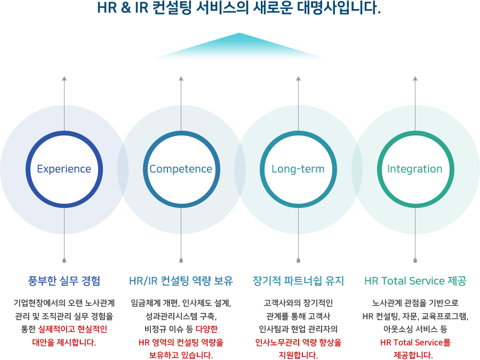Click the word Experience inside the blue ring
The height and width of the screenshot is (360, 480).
(x=64, y=169)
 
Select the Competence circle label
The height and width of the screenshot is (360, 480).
(x=181, y=169)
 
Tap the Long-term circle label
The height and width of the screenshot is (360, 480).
(x=298, y=169)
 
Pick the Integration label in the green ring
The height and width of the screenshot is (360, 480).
(x=415, y=169)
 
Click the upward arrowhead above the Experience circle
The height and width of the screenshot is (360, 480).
(x=64, y=78)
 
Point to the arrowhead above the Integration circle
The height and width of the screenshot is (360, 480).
(x=415, y=78)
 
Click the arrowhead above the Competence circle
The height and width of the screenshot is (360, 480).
(x=181, y=78)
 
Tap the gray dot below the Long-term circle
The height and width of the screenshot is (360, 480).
(x=299, y=260)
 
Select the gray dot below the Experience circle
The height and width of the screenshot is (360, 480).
(x=64, y=260)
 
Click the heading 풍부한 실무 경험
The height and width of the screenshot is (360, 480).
(x=64, y=281)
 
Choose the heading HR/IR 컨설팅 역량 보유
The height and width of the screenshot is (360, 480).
(x=181, y=281)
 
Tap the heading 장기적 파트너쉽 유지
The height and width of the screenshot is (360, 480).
(x=298, y=281)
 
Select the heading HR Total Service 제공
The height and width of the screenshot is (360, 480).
(x=415, y=281)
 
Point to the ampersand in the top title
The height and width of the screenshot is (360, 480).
(x=126, y=8)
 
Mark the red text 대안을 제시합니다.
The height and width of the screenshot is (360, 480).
(x=64, y=342)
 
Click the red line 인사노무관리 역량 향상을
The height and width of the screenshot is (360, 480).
(x=298, y=342)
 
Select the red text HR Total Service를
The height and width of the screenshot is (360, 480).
(x=415, y=342)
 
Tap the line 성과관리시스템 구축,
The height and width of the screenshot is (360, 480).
(x=181, y=316)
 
